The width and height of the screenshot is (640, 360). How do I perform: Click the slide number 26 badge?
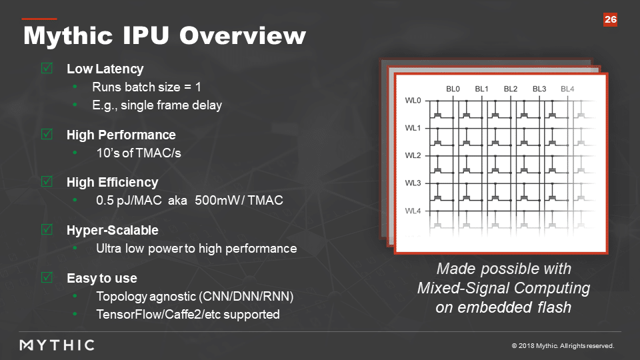point(610,19)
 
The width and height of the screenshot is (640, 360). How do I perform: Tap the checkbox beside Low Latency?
point(47,68)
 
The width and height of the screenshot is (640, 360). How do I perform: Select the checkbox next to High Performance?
point(47,134)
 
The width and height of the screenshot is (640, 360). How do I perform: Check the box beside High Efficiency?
point(47,181)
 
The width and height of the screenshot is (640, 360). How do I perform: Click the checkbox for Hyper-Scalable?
point(47,229)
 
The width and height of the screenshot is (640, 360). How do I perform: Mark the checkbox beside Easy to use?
point(47,277)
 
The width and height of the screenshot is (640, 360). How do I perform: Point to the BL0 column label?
point(453,89)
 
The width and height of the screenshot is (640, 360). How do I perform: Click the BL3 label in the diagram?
point(539,89)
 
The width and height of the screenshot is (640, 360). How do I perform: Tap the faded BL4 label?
point(567,89)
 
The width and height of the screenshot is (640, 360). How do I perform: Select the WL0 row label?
point(413,101)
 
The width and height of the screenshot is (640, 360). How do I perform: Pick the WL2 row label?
point(413,155)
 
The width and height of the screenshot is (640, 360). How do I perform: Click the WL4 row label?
point(413,211)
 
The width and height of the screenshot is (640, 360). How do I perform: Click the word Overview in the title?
point(243,35)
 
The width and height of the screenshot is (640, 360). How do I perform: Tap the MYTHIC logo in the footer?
point(57,345)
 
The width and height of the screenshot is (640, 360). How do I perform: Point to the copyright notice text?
point(563,346)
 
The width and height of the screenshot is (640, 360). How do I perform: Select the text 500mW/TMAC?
point(239,201)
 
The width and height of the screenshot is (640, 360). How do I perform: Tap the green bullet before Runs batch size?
point(75,87)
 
